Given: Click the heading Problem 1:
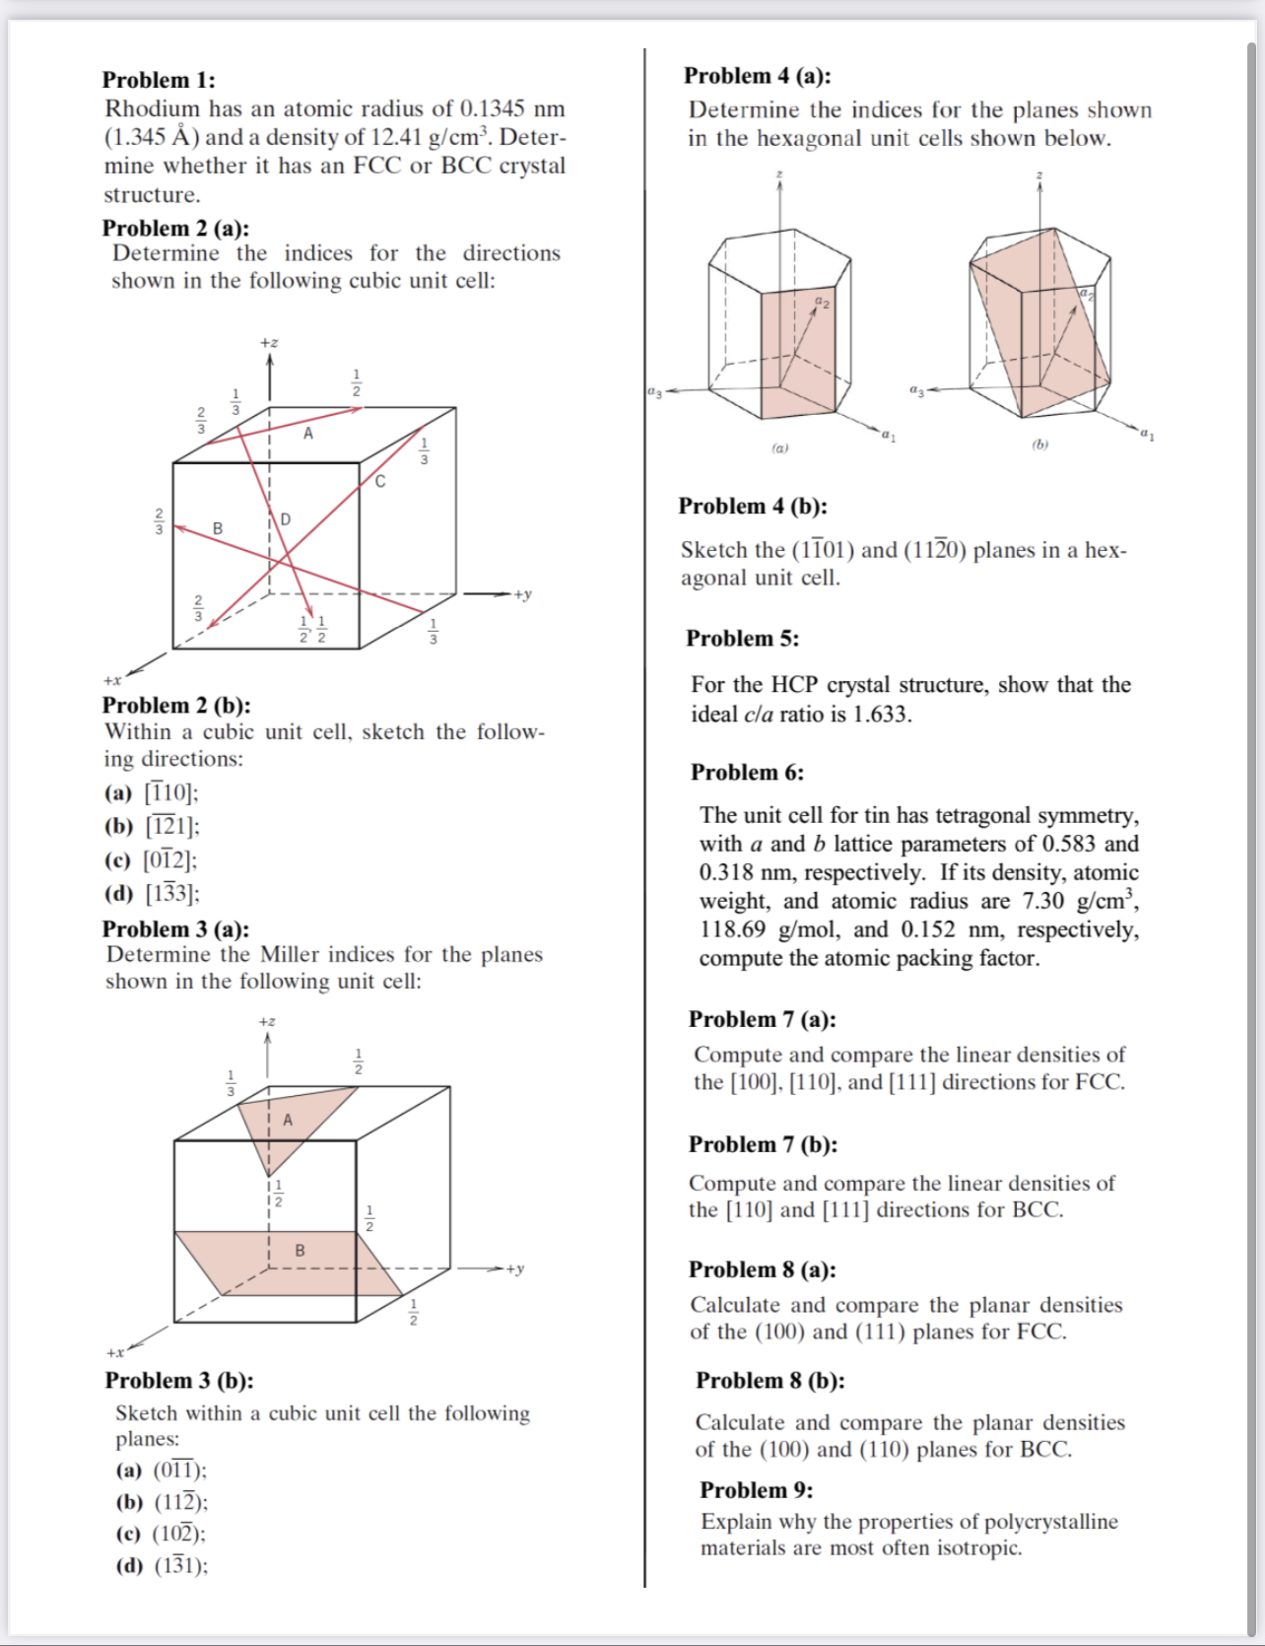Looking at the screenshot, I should (159, 80).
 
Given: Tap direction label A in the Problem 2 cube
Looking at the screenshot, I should (308, 434).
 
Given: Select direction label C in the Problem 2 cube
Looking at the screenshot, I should (380, 482).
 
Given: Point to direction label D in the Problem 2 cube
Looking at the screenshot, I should (286, 519).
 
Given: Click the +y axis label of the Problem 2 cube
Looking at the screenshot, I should (522, 594).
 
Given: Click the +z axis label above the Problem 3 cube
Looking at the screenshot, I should (267, 1021).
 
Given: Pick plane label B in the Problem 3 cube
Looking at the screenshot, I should (300, 1251).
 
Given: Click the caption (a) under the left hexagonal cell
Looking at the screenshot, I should (779, 447).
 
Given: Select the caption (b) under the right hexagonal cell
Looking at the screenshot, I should (1040, 445).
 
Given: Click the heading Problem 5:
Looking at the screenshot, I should (743, 639).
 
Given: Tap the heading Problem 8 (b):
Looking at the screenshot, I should (770, 1380).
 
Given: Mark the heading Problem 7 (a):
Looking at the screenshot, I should (762, 1019).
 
